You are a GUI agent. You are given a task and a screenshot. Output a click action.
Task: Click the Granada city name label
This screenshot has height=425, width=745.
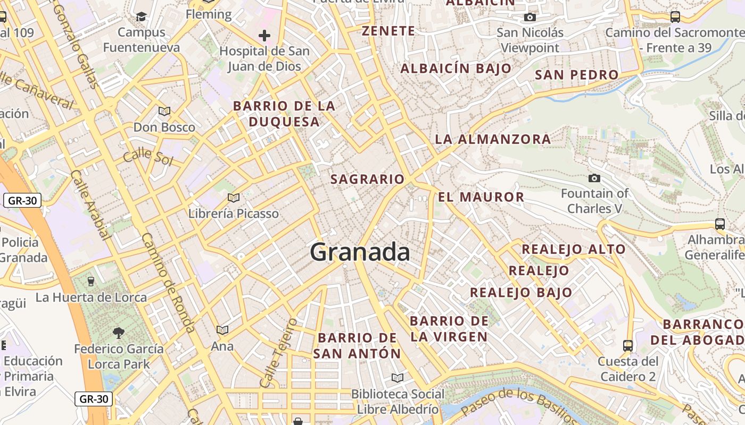360,252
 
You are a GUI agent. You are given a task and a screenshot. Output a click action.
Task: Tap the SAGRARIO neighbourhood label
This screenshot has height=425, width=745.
367,180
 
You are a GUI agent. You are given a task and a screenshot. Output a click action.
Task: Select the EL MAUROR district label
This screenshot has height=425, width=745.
481,197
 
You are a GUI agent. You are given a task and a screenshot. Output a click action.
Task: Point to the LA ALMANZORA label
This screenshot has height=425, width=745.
493,140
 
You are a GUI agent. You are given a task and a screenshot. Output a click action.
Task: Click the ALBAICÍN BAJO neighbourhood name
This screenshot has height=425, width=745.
456,69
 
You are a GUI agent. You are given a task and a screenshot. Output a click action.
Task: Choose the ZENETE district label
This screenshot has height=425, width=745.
388,31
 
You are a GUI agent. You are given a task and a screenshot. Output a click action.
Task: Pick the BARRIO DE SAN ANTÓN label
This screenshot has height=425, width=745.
357,345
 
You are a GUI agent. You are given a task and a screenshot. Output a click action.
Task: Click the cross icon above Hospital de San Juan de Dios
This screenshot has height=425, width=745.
264,36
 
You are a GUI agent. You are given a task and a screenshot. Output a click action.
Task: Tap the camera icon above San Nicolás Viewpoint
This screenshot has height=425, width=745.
529,17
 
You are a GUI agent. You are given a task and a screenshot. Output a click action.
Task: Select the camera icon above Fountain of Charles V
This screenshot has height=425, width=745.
594,178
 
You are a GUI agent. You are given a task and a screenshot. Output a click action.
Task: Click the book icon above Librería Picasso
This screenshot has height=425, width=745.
233,198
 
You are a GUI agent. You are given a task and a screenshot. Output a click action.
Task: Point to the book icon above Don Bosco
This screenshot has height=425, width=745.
164,111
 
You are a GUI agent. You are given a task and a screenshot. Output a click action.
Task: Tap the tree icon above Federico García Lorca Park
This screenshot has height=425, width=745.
119,333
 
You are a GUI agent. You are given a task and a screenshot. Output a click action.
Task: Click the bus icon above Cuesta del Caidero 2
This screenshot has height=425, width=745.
628,345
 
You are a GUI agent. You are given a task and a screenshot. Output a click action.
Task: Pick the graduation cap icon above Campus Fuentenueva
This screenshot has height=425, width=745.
141,16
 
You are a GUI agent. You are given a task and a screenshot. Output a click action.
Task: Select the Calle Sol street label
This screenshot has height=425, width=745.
148,157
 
